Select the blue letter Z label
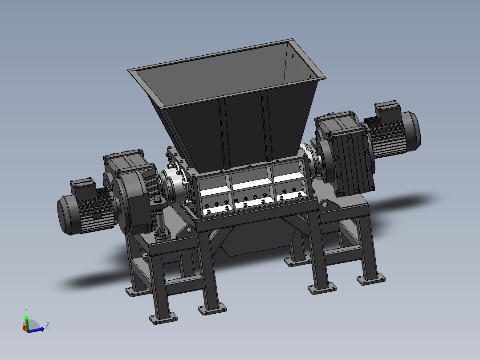point(47,326)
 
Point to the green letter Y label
point(26,311)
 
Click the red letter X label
point(24,324)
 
